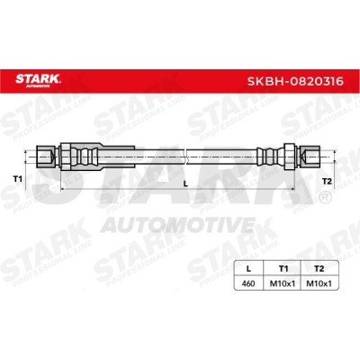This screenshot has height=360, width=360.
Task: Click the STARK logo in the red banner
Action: [x=38, y=80]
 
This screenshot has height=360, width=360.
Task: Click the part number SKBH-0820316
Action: [x=295, y=81]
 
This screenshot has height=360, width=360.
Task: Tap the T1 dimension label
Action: [x=18, y=179]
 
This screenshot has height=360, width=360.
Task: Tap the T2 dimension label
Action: [x=327, y=181]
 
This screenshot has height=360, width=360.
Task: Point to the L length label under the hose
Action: [x=185, y=184]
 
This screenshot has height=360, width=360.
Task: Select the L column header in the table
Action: [x=248, y=269]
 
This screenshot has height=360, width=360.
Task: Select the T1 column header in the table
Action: [x=283, y=269]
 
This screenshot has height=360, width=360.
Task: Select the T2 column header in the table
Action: [x=319, y=269]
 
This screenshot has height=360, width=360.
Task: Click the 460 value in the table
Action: [x=248, y=283]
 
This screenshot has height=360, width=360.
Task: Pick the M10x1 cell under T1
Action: [x=283, y=283]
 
